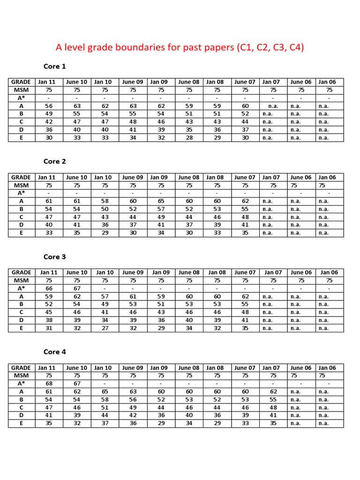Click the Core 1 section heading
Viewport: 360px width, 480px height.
pyautogui.click(x=55, y=66)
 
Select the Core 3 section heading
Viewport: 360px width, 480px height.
pyautogui.click(x=55, y=257)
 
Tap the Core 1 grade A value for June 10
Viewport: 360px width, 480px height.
pyautogui.click(x=77, y=106)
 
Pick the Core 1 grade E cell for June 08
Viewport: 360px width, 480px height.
pyautogui.click(x=189, y=138)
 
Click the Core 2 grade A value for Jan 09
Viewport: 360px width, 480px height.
pyautogui.click(x=161, y=201)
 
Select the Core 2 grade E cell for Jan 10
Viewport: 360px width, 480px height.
pyautogui.click(x=105, y=233)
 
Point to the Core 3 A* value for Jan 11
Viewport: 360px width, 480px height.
pyautogui.click(x=49, y=289)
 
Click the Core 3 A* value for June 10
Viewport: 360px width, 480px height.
pyautogui.click(x=77, y=289)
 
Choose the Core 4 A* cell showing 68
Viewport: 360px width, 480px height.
pyautogui.click(x=49, y=384)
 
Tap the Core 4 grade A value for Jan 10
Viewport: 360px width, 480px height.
pyautogui.click(x=105, y=392)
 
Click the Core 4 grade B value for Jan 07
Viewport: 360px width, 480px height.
pyautogui.click(x=273, y=400)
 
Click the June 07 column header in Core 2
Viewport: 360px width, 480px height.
pyautogui.click(x=245, y=177)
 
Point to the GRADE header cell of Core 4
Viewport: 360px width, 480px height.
pyautogui.click(x=21, y=368)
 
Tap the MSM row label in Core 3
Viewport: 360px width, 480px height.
pyautogui.click(x=21, y=280)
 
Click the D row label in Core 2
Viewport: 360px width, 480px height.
pyautogui.click(x=21, y=225)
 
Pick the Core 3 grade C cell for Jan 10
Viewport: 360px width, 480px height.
pyautogui.click(x=105, y=312)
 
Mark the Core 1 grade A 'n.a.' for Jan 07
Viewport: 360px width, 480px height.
pyautogui.click(x=273, y=106)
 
